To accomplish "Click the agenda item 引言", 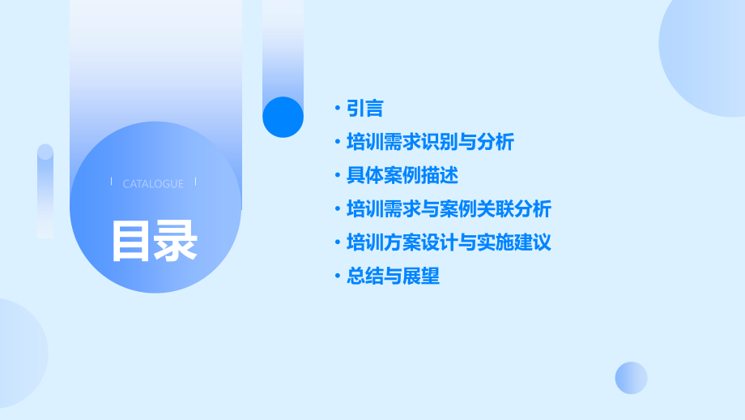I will pyautogui.click(x=364, y=109).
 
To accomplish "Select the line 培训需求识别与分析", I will pyautogui.click(x=430, y=143).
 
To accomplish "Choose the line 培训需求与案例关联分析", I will pyautogui.click(x=449, y=209).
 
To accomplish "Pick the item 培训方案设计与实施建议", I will pyautogui.click(x=449, y=242).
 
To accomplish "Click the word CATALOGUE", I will pyautogui.click(x=153, y=184).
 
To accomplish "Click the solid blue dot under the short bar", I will pyautogui.click(x=283, y=117).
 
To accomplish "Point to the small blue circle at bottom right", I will pyautogui.click(x=631, y=378).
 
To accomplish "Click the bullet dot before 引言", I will pyautogui.click(x=338, y=109).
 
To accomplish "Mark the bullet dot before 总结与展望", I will pyautogui.click(x=338, y=276).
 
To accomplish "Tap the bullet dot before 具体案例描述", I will pyautogui.click(x=338, y=175).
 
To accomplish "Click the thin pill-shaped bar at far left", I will pyautogui.click(x=45, y=191).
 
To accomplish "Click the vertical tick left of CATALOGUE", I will pyautogui.click(x=111, y=182).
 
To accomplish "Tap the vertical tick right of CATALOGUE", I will pyautogui.click(x=195, y=182).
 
